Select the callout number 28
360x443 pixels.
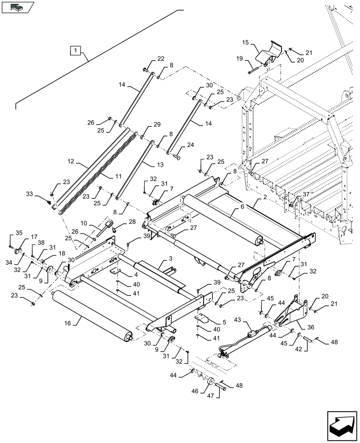point(132,221)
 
